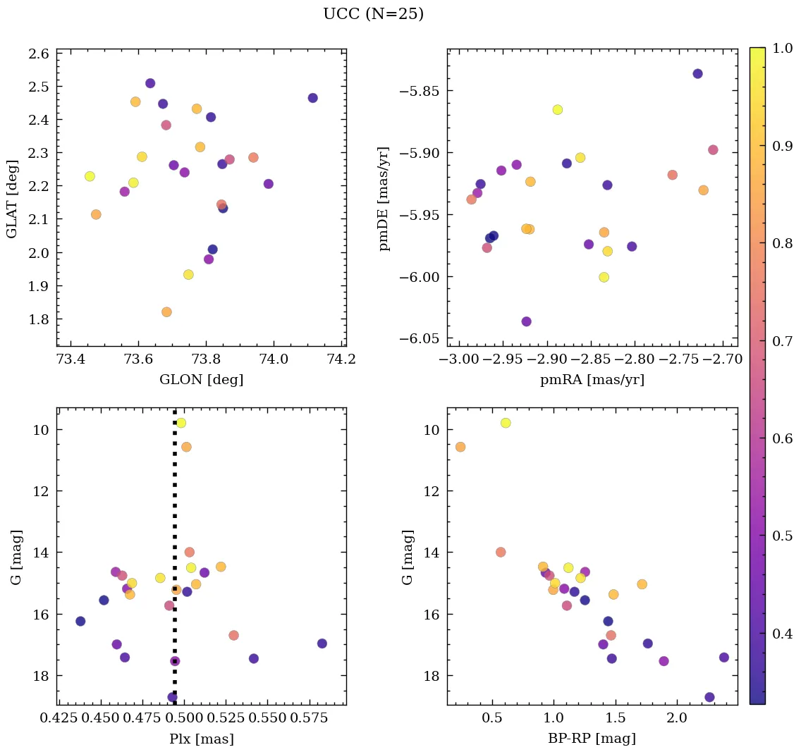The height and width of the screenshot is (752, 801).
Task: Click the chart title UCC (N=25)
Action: (373, 14)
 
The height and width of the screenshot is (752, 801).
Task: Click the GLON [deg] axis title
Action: (202, 380)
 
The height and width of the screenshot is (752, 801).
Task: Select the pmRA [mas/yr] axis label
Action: (592, 380)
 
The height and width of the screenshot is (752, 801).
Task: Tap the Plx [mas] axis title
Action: (202, 739)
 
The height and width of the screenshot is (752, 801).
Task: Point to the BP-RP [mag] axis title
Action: (592, 739)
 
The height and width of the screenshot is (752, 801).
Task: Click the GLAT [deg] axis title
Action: (13, 198)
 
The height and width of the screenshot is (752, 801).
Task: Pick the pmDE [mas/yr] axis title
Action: (384, 198)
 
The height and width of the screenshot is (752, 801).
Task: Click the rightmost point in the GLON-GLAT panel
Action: (313, 98)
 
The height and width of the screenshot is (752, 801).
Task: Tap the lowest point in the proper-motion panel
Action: (526, 321)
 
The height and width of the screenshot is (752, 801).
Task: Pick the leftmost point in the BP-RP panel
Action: (460, 447)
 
